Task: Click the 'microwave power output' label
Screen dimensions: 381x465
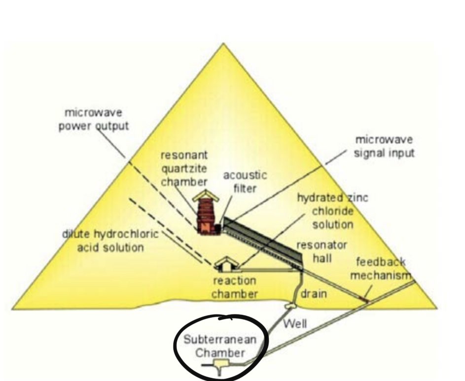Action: [x=94, y=119]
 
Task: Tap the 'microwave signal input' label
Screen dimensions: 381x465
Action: [x=384, y=146]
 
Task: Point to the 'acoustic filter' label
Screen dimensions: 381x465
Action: [x=245, y=181]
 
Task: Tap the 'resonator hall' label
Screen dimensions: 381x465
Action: [x=322, y=250]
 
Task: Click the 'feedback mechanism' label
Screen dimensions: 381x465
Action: [x=380, y=269]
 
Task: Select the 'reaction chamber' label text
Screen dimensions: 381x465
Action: [x=234, y=287]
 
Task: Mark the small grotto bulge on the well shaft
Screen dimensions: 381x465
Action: [x=288, y=306]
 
